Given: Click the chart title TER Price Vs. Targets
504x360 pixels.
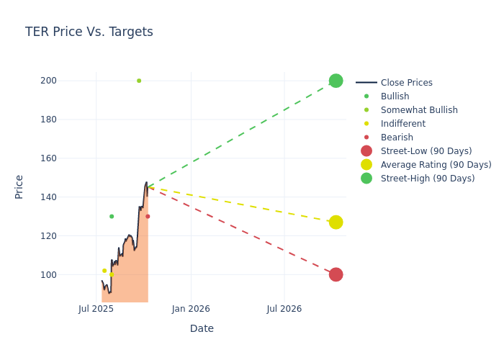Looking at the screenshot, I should pos(89,32).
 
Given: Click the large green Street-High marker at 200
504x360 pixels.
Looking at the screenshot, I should pos(336,81).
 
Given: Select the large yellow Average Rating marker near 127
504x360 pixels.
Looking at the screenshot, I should pos(336,222).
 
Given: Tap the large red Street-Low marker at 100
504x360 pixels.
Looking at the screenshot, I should pos(336,274).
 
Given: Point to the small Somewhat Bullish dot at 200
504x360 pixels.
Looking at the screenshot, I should pos(139,81).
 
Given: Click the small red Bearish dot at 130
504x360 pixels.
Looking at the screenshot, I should pos(148,216).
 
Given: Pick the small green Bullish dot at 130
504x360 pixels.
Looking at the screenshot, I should pos(112,216).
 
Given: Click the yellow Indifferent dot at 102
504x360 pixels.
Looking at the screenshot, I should pos(104,271).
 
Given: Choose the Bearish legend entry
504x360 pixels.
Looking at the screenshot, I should pos(397,138).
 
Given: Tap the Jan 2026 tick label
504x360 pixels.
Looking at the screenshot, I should pos(191,309).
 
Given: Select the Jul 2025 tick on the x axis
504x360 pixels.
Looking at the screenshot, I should pos(96,309).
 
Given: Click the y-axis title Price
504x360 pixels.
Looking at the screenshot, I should pos(19,186).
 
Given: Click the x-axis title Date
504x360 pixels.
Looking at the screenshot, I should pos(202,328).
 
